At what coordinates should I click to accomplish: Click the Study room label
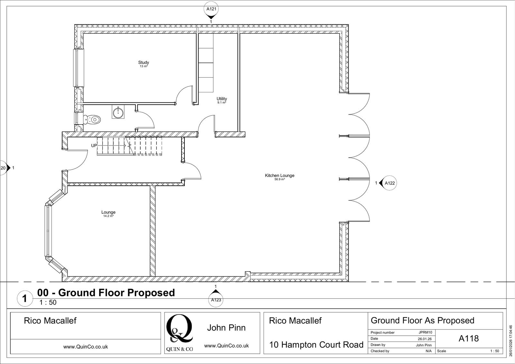pyautogui.click(x=144, y=63)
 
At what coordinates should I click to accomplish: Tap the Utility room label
pyautogui.click(x=221, y=99)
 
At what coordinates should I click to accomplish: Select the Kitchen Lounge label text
pyautogui.click(x=279, y=176)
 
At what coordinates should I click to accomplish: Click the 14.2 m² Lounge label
pyautogui.click(x=108, y=214)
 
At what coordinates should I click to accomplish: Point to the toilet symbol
pyautogui.click(x=92, y=120)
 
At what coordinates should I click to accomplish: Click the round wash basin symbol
pyautogui.click(x=118, y=112)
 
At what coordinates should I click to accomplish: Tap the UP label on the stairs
pyautogui.click(x=94, y=145)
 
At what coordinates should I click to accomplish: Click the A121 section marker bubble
pyautogui.click(x=211, y=9)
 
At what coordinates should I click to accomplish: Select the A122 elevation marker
pyautogui.click(x=389, y=183)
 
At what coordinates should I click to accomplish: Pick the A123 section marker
pyautogui.click(x=216, y=300)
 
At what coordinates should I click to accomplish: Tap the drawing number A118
pyautogui.click(x=468, y=339)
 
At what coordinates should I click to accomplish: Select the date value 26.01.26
pyautogui.click(x=425, y=339)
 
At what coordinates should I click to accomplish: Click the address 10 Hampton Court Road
pyautogui.click(x=316, y=345)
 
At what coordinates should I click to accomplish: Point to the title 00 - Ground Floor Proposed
pyautogui.click(x=106, y=293)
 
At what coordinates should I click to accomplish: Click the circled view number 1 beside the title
pyautogui.click(x=24, y=298)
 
